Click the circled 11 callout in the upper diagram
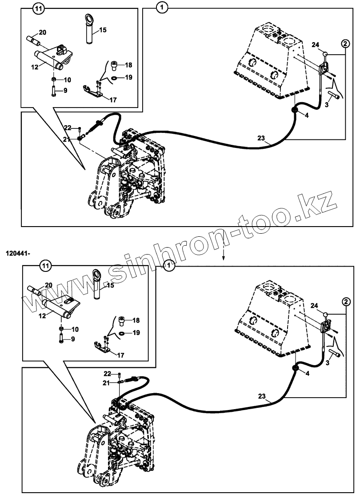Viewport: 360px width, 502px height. tap(39, 8)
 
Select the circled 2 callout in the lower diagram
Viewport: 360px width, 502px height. tap(346, 302)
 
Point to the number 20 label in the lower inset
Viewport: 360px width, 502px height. tap(48, 284)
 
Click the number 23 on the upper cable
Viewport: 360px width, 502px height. tap(261, 138)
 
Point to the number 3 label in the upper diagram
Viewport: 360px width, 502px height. tap(326, 104)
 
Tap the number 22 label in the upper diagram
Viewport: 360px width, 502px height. tap(67, 128)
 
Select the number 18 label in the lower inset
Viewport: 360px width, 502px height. tap(136, 320)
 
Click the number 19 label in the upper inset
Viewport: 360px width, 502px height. tap(128, 77)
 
